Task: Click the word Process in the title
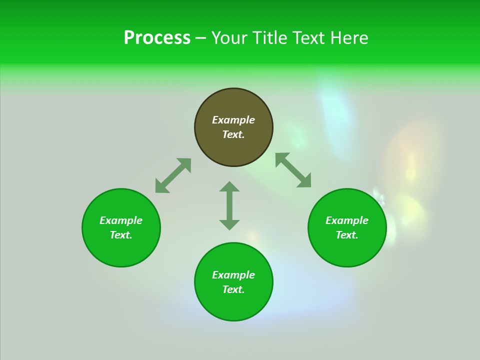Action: (157, 38)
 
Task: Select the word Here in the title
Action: (350, 38)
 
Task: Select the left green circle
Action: (121, 250)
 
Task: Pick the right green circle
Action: (347, 250)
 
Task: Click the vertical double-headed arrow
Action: (229, 205)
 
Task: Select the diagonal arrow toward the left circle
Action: (173, 175)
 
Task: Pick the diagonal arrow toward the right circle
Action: (293, 170)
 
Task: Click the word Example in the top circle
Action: (233, 120)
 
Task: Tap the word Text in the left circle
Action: (121, 235)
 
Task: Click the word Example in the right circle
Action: (347, 220)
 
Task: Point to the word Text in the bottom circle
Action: (233, 289)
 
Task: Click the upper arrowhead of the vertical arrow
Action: (229, 186)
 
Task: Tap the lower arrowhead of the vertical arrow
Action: (229, 224)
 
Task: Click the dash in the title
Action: (200, 38)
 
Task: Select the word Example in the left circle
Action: (121, 220)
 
